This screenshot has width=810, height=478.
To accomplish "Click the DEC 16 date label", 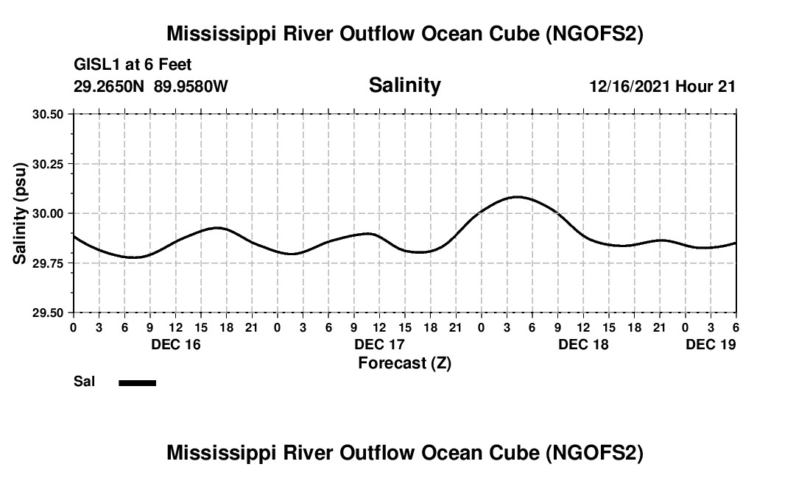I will pyautogui.click(x=175, y=344).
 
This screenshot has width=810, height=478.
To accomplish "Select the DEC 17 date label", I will pyautogui.click(x=379, y=344).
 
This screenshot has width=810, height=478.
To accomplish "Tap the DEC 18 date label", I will pyautogui.click(x=583, y=344).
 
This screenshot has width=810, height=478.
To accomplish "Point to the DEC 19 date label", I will pyautogui.click(x=711, y=344).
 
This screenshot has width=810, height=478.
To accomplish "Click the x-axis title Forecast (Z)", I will pyautogui.click(x=404, y=363).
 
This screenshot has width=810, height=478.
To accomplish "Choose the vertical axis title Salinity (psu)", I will pyautogui.click(x=20, y=213).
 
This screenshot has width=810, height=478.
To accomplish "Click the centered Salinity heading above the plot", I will pyautogui.click(x=404, y=85).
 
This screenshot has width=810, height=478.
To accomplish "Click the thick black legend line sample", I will pyautogui.click(x=137, y=382).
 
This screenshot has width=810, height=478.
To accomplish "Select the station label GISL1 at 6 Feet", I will pyautogui.click(x=133, y=65).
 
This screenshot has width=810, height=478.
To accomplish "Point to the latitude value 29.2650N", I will pyautogui.click(x=110, y=86).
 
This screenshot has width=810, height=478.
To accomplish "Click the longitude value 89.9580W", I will pyautogui.click(x=191, y=86).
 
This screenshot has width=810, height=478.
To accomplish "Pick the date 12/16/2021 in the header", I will pyautogui.click(x=630, y=86).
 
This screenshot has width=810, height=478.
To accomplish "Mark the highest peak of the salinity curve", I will pyautogui.click(x=518, y=197).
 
